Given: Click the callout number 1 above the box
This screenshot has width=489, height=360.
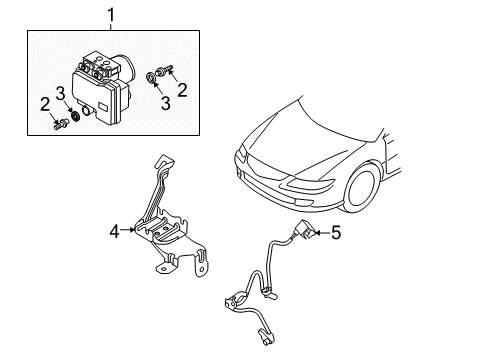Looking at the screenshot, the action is click(x=111, y=15).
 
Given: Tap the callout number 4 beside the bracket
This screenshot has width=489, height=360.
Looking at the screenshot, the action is click(x=114, y=231).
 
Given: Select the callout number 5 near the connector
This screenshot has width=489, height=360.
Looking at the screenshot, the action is click(x=336, y=232).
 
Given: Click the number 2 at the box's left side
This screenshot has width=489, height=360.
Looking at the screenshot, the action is click(x=45, y=104).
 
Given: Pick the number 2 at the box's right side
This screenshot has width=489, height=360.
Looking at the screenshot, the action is click(x=182, y=90).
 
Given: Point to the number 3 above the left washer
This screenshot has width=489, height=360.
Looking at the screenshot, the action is click(x=60, y=94).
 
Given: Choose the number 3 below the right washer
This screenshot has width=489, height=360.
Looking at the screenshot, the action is click(x=166, y=103).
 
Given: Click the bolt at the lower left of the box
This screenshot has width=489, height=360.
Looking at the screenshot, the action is click(x=61, y=125).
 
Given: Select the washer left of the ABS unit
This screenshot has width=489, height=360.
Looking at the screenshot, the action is click(x=76, y=116).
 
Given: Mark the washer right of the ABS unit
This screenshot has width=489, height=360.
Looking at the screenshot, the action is click(x=151, y=77).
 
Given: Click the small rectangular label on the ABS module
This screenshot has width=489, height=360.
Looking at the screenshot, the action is click(x=102, y=108).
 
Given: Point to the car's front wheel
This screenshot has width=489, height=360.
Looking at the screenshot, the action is click(x=362, y=188).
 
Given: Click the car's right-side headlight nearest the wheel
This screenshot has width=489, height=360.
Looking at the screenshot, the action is click(x=311, y=183).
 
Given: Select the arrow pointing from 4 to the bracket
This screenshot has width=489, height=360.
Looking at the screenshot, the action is click(x=128, y=229).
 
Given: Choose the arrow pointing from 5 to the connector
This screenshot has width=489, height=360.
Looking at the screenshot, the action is click(x=322, y=233).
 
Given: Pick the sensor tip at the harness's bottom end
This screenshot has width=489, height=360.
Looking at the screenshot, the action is click(x=266, y=337).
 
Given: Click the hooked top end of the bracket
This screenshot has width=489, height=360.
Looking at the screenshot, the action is click(x=164, y=161).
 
